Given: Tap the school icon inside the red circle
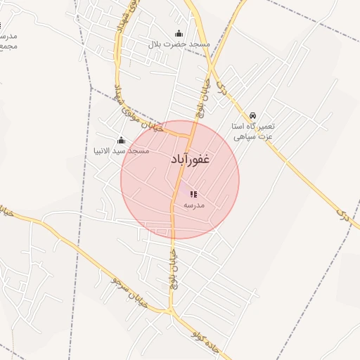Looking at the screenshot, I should tap(193, 194).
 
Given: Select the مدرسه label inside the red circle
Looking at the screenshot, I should tap(193, 205).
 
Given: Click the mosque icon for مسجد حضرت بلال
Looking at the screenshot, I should tap(179, 33).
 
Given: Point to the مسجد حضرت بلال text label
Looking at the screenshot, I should tap(179, 44).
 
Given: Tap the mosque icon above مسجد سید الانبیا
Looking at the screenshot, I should tap(121, 140).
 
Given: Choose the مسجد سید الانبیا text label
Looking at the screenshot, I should tap(121, 150).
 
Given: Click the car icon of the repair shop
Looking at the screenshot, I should tap(252, 115).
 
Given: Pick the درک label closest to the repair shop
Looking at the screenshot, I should tap(223, 88).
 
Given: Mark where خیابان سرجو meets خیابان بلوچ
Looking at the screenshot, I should tap(170, 309).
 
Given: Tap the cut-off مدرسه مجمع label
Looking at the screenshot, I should tap(7, 41).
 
